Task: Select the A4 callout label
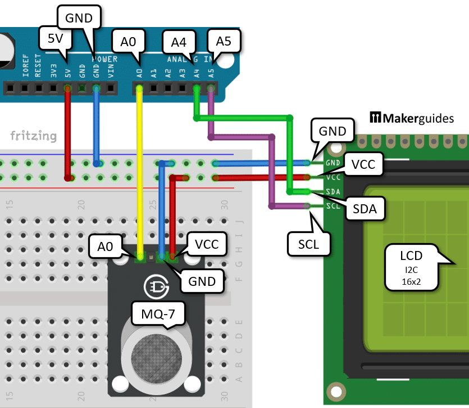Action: click(179, 42)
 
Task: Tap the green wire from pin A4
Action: click(242, 118)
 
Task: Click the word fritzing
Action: click(33, 136)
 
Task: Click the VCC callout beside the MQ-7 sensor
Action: click(207, 244)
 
